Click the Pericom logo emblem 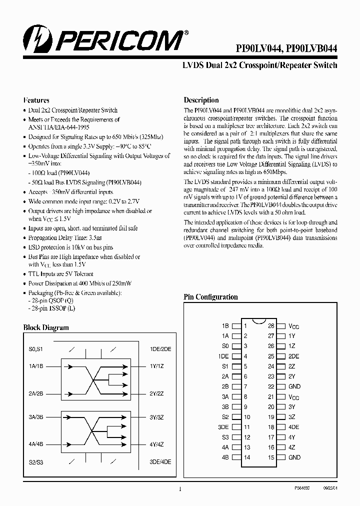[34, 39]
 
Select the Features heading [36, 100]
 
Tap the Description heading [201, 100]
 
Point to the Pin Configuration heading [210, 297]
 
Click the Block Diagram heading [46, 328]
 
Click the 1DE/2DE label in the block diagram [160, 349]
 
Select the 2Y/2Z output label [156, 393]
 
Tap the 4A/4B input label [36, 444]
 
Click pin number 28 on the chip [271, 325]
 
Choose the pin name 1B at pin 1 [225, 325]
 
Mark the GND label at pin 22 [294, 386]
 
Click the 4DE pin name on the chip [294, 427]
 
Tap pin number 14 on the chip [246, 457]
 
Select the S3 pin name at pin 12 [225, 437]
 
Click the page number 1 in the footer [179, 489]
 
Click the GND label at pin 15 [294, 457]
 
